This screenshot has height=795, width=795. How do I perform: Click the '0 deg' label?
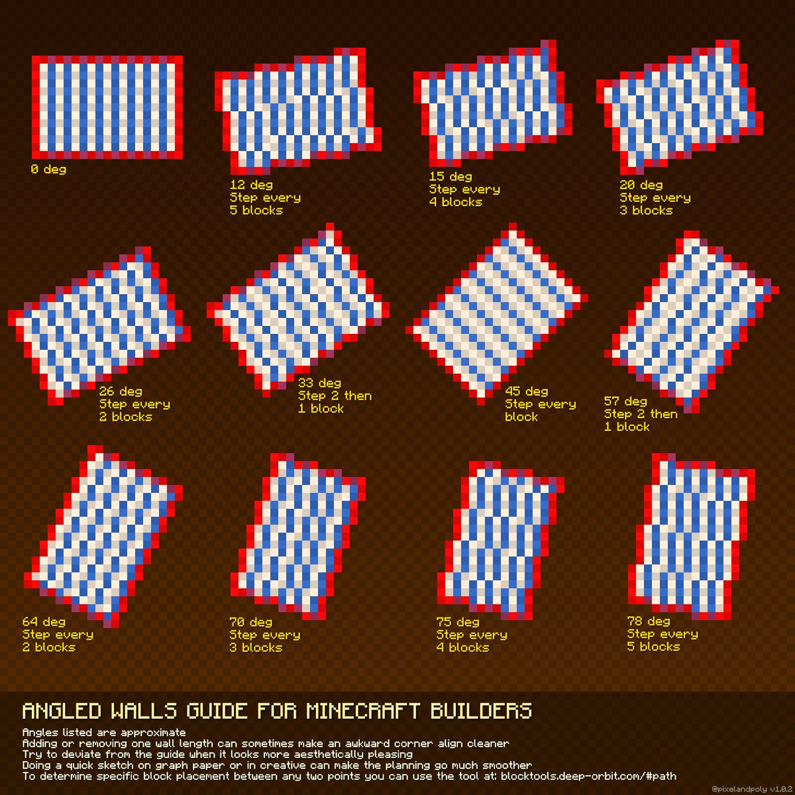click(x=48, y=170)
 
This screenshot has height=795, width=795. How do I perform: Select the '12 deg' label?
click(x=251, y=185)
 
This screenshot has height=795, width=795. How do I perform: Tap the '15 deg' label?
click(x=450, y=176)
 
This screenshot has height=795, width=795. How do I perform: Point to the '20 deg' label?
click(x=641, y=185)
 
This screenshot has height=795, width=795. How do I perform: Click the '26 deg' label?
click(x=121, y=392)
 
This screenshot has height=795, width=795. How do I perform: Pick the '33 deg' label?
click(x=319, y=383)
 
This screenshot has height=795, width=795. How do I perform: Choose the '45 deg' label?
click(x=526, y=392)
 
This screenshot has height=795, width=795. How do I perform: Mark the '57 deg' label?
click(x=625, y=401)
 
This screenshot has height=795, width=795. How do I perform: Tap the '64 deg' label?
click(x=44, y=622)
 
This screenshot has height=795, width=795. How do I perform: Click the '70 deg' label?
click(x=250, y=622)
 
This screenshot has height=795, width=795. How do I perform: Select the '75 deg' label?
click(x=458, y=622)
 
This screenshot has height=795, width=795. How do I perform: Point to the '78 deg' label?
click(x=649, y=621)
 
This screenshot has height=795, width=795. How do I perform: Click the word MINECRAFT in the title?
click(x=362, y=712)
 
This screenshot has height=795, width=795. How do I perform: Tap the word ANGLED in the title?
click(x=62, y=712)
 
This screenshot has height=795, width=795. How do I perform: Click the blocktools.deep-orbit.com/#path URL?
click(x=588, y=776)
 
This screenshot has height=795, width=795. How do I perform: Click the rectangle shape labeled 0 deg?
click(x=107, y=107)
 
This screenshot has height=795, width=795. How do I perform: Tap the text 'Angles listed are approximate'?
click(x=104, y=733)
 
